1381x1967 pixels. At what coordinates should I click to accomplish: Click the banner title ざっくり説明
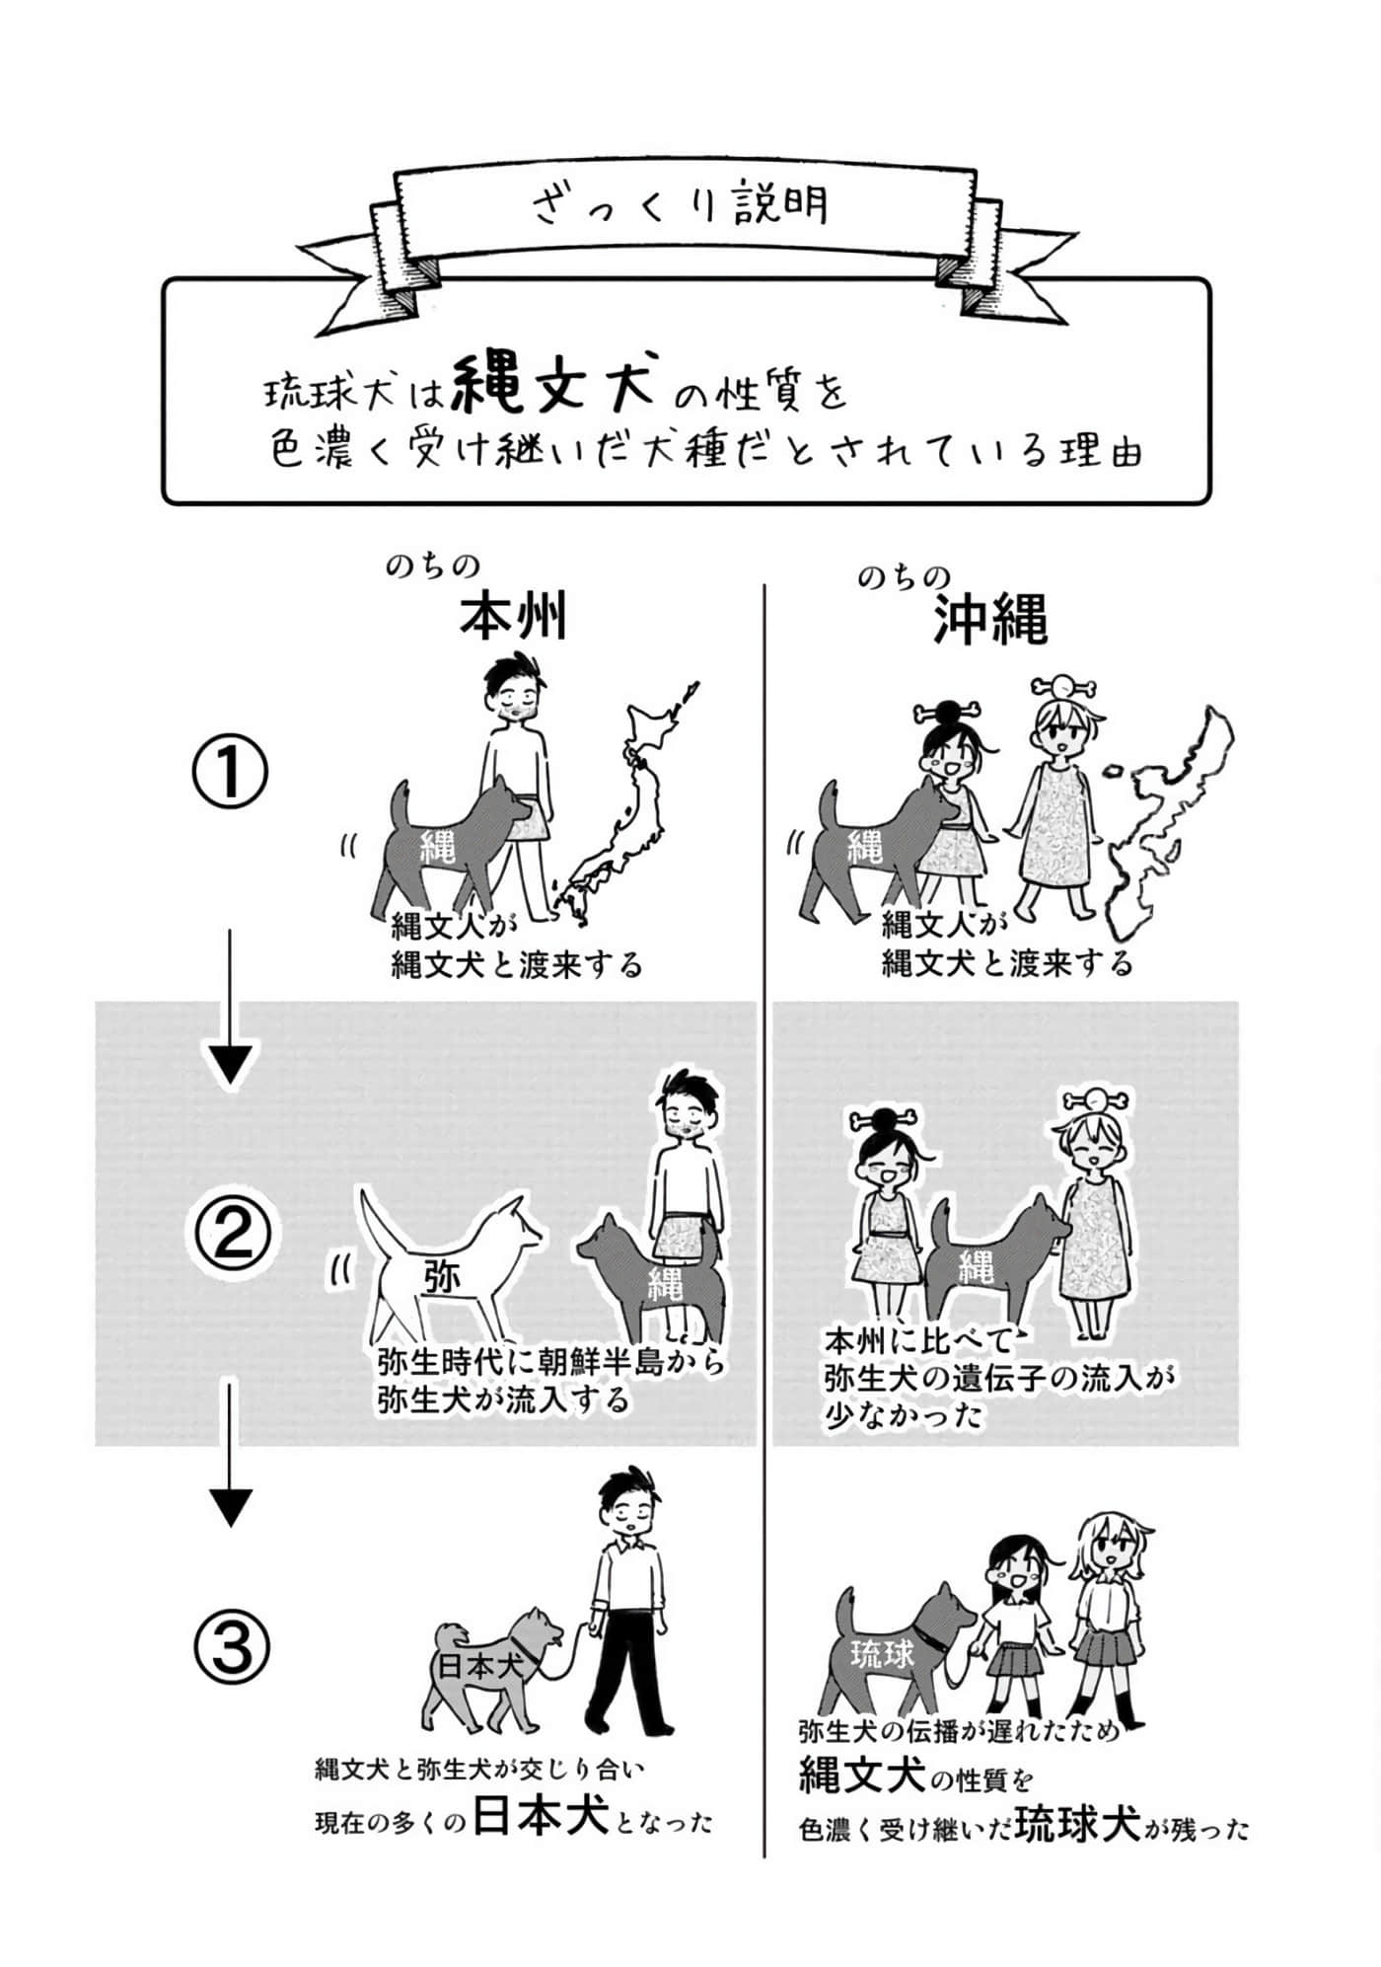pyautogui.click(x=680, y=204)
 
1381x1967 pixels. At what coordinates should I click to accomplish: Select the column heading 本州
pyautogui.click(x=514, y=618)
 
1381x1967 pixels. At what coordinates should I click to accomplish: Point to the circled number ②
pyautogui.click(x=230, y=1234)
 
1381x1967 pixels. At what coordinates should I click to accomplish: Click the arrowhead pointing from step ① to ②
pyautogui.click(x=230, y=1065)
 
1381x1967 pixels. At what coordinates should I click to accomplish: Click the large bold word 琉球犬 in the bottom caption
pyautogui.click(x=1078, y=1822)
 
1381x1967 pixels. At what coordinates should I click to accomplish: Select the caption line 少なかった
pyautogui.click(x=906, y=1416)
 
